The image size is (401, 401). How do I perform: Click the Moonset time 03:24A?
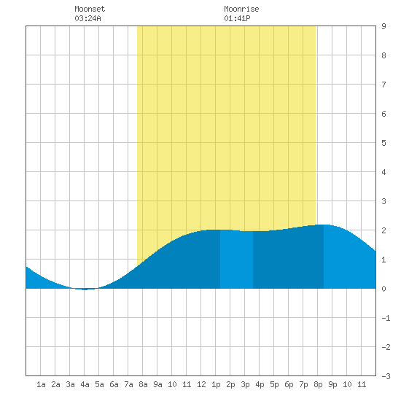click(x=87, y=18)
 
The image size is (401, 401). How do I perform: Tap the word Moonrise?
click(x=241, y=9)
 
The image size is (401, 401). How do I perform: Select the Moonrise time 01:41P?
click(x=237, y=18)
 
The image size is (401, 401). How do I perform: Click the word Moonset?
click(x=90, y=9)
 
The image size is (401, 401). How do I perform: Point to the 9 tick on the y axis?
click(x=384, y=26)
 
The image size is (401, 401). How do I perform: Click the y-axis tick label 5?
click(x=384, y=143)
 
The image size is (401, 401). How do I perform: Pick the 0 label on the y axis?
click(x=384, y=289)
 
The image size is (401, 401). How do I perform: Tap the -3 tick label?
click(x=386, y=376)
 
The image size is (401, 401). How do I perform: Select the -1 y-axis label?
click(x=386, y=318)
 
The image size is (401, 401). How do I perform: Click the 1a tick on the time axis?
click(x=41, y=384)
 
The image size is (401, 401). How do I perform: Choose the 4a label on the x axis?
click(x=85, y=384)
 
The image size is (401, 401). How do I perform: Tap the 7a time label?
click(x=128, y=384)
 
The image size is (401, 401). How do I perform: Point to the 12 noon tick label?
click(x=201, y=384)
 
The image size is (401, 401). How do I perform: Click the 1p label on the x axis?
click(x=216, y=384)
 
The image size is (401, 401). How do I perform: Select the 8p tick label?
click(x=318, y=384)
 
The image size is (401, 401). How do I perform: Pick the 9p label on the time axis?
click(x=332, y=384)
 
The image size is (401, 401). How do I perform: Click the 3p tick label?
click(x=245, y=384)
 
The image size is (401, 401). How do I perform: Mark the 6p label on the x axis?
click(x=289, y=384)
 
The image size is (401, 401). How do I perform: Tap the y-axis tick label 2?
click(x=384, y=230)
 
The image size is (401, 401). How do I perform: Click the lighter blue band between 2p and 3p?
click(x=236, y=260)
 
